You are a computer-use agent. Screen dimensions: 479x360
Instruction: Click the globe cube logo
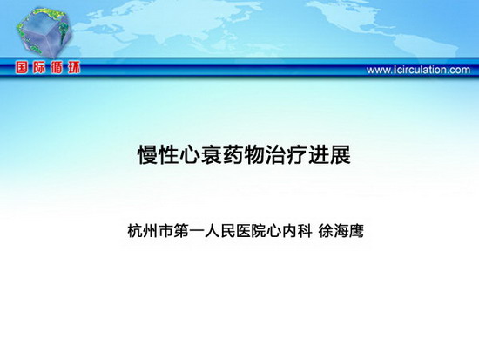coord(44,32)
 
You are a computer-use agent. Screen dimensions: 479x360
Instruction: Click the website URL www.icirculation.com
coord(418,70)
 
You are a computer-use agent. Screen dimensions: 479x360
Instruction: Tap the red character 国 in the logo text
coord(22,68)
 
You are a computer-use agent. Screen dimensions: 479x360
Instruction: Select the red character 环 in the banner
coord(74,68)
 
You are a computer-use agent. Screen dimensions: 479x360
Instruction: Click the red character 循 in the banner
coord(57,68)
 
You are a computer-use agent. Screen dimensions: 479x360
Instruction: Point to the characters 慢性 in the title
coord(158,155)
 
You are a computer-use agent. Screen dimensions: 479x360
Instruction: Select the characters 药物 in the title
coord(244,155)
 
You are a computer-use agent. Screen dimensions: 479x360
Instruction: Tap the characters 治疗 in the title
coord(287,155)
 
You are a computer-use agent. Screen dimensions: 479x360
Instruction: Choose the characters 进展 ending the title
coord(329,155)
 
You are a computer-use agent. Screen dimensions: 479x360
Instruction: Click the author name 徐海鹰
coord(341,231)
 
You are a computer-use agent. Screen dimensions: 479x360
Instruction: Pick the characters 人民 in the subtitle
coord(219,231)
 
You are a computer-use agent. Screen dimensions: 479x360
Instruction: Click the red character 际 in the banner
coord(39,68)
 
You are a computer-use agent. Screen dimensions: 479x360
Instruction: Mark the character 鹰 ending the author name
coord(356,231)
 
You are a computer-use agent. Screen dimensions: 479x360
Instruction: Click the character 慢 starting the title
coord(147,155)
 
